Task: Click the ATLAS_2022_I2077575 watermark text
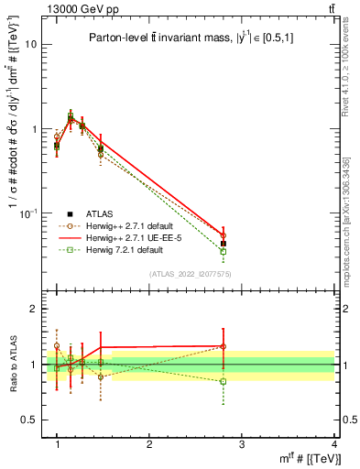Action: click(191, 275)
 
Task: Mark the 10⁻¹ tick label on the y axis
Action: click(30, 213)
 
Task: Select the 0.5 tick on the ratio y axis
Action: click(31, 420)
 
